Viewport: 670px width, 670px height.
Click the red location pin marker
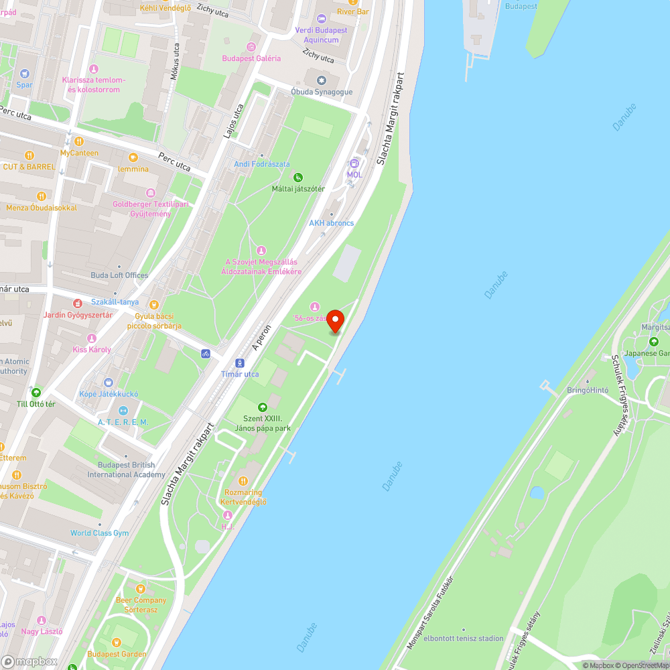[x=334, y=320]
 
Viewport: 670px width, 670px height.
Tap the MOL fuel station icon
[x=354, y=163]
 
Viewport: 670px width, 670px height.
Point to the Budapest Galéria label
[x=251, y=58]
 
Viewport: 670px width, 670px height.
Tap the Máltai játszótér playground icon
[x=298, y=178]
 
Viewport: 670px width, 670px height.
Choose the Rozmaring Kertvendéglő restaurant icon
[x=243, y=480]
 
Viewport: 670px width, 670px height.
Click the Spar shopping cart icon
[x=25, y=74]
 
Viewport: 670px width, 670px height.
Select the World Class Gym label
[x=99, y=533]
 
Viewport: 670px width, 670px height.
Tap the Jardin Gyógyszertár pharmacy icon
[x=78, y=304]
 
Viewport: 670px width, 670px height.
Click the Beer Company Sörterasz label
[x=141, y=605]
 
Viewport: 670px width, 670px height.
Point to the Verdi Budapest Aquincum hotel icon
[x=322, y=19]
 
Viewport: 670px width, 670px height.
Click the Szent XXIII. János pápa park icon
[x=263, y=407]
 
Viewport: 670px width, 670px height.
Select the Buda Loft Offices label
[x=119, y=275]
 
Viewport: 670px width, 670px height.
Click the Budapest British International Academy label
[x=126, y=470]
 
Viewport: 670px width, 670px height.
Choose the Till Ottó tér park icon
[x=36, y=393]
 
